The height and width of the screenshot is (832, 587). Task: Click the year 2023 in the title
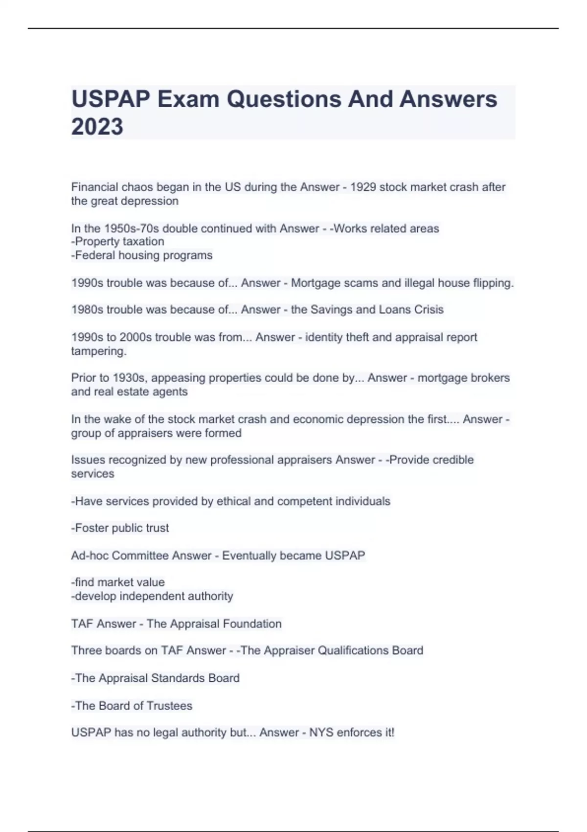tap(97, 127)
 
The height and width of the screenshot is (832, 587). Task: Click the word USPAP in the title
tap(111, 99)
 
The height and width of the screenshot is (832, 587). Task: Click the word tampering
tap(98, 351)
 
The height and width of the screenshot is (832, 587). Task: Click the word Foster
tap(91, 528)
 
